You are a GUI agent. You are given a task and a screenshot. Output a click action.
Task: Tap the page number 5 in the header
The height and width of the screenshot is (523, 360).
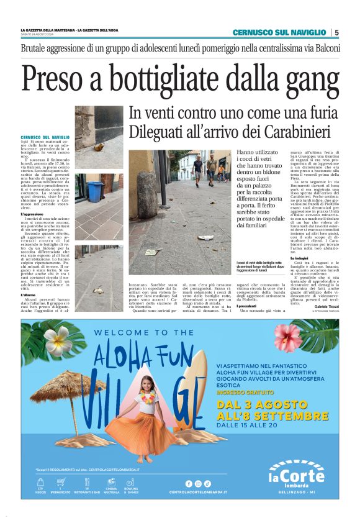(x=336, y=32)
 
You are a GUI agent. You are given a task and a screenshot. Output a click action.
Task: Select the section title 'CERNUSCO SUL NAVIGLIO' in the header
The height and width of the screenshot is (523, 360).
(x=279, y=32)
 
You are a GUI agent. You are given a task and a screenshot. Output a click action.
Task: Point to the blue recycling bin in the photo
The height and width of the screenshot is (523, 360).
(x=94, y=191)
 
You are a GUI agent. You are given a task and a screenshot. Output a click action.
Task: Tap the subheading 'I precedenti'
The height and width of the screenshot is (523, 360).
(x=248, y=306)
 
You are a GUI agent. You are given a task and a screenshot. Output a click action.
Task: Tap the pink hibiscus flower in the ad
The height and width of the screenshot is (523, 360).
(x=287, y=339)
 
